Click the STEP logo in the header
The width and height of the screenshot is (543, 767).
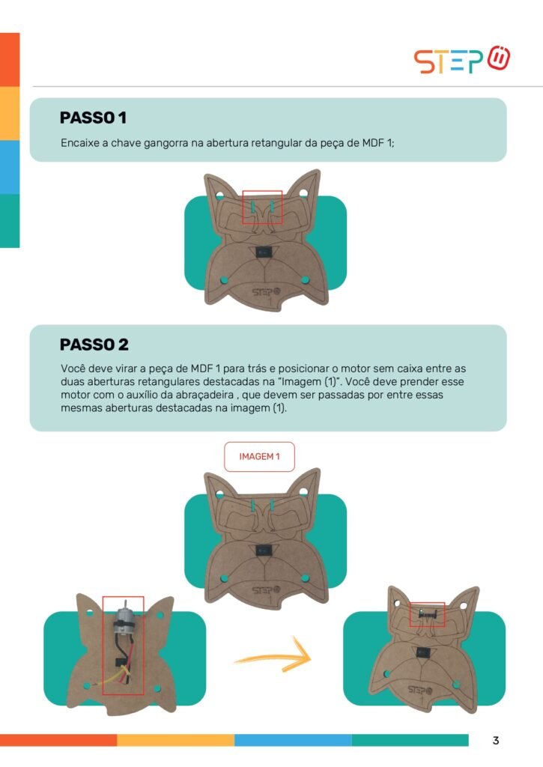pos(462,60)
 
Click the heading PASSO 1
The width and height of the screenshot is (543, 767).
pos(93,118)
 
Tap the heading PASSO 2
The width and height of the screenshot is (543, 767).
pos(94,345)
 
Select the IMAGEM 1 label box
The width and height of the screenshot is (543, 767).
pos(259,456)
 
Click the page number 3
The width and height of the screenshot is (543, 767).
pos(496,740)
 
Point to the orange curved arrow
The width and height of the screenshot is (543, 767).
pos(274,655)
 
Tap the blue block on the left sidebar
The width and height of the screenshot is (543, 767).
pos(10,167)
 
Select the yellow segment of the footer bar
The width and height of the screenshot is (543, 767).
pos(175,740)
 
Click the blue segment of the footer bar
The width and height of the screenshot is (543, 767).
pos(293,740)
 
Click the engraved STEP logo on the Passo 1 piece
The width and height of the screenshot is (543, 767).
pos(267,292)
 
